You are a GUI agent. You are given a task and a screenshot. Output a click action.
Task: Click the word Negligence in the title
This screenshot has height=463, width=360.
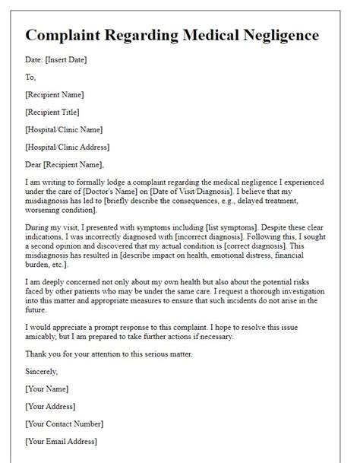coord(274,36)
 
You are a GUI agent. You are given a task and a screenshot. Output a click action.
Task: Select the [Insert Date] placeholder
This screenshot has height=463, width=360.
coord(69,62)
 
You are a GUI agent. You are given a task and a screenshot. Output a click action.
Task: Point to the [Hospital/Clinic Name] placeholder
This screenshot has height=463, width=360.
coord(64,129)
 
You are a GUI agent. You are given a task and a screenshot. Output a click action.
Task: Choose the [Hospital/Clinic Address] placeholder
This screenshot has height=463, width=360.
coord(67,147)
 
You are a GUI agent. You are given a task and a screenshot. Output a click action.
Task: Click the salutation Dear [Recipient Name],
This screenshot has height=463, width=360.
coord(64,164)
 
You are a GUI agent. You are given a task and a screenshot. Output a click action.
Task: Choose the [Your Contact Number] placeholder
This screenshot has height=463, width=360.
coord(64,423)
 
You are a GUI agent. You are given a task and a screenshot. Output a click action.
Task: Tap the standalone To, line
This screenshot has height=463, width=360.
coord(30,78)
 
